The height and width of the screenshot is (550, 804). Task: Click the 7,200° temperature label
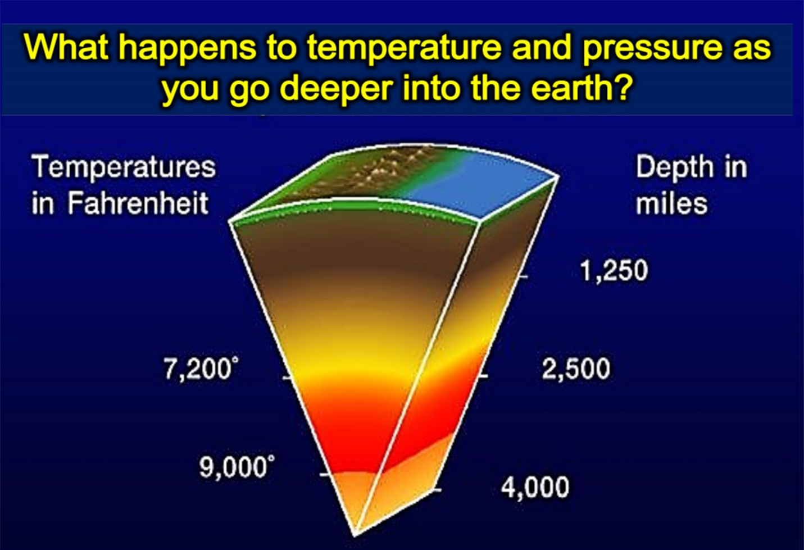click(202, 369)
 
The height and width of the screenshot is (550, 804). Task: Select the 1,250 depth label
click(614, 270)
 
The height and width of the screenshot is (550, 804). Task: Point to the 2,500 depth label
click(576, 369)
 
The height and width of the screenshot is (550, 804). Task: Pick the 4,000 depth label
click(535, 487)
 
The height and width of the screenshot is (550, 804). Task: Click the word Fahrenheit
click(138, 203)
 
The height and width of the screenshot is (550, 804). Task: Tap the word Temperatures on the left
click(124, 167)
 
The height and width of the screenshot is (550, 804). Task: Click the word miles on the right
click(671, 203)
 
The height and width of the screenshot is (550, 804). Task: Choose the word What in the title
click(67, 47)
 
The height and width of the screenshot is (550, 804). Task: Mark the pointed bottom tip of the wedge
click(355, 535)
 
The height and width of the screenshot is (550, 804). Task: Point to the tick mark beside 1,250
click(524, 277)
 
